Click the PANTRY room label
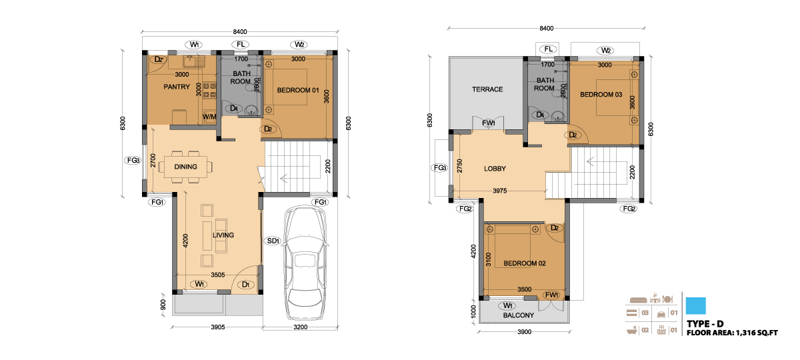(x=177, y=87)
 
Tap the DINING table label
(x=185, y=167)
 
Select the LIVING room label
(x=223, y=235)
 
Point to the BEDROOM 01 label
(x=298, y=91)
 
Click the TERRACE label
(x=487, y=89)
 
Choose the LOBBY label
(x=495, y=169)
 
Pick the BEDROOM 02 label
(x=524, y=263)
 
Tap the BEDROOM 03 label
(x=601, y=94)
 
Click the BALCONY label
(x=518, y=315)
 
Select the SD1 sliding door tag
(x=273, y=241)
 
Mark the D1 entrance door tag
(x=246, y=285)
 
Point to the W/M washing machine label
(x=209, y=117)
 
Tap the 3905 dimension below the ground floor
(x=218, y=327)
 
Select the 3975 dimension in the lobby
(x=499, y=191)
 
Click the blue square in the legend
(x=696, y=306)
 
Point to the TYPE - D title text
(x=705, y=324)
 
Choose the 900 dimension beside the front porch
(x=163, y=305)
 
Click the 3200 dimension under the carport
(x=301, y=327)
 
